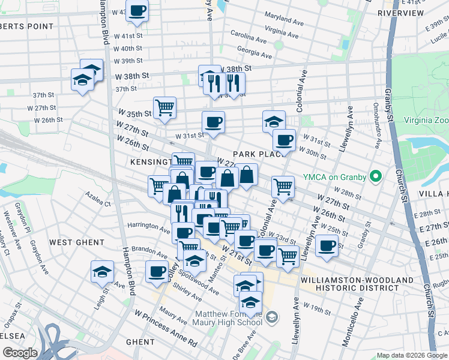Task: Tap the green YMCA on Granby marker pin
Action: tap(376, 176)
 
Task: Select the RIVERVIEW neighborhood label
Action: tap(400, 13)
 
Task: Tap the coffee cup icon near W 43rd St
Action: tap(137, 11)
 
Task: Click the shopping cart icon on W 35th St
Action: tap(164, 108)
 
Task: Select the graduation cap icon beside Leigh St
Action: tap(102, 272)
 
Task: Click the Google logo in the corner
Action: tap(19, 353)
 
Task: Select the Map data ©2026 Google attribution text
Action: tap(411, 355)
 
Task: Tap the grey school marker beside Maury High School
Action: tap(272, 316)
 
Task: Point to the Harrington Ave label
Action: tap(148, 227)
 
